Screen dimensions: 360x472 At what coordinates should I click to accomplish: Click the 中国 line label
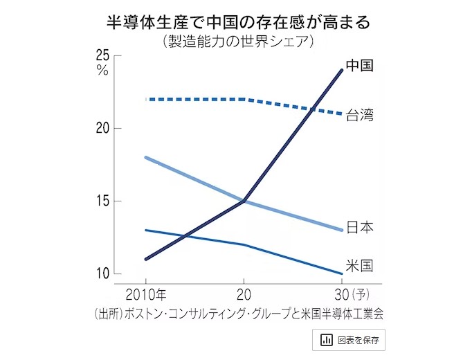click(x=360, y=66)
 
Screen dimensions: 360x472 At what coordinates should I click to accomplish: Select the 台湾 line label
click(x=360, y=115)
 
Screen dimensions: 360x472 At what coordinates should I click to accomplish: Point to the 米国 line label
click(x=360, y=266)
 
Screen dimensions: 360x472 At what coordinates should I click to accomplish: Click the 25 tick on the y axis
click(x=103, y=56)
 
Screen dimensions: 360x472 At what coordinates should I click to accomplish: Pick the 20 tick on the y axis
click(x=103, y=129)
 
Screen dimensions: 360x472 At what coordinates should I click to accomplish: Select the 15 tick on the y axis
click(x=103, y=201)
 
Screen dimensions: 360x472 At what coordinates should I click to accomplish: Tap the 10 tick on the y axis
click(x=103, y=274)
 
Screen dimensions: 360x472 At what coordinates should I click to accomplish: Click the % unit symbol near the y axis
click(x=103, y=71)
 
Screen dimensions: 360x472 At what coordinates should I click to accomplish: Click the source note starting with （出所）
click(x=237, y=313)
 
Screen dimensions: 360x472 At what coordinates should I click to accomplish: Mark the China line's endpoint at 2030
click(x=343, y=70)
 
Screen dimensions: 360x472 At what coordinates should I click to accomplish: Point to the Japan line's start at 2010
click(x=145, y=158)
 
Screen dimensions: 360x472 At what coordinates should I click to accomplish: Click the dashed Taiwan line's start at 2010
click(x=147, y=99)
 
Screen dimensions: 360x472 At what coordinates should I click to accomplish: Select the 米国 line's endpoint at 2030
click(x=343, y=273)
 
